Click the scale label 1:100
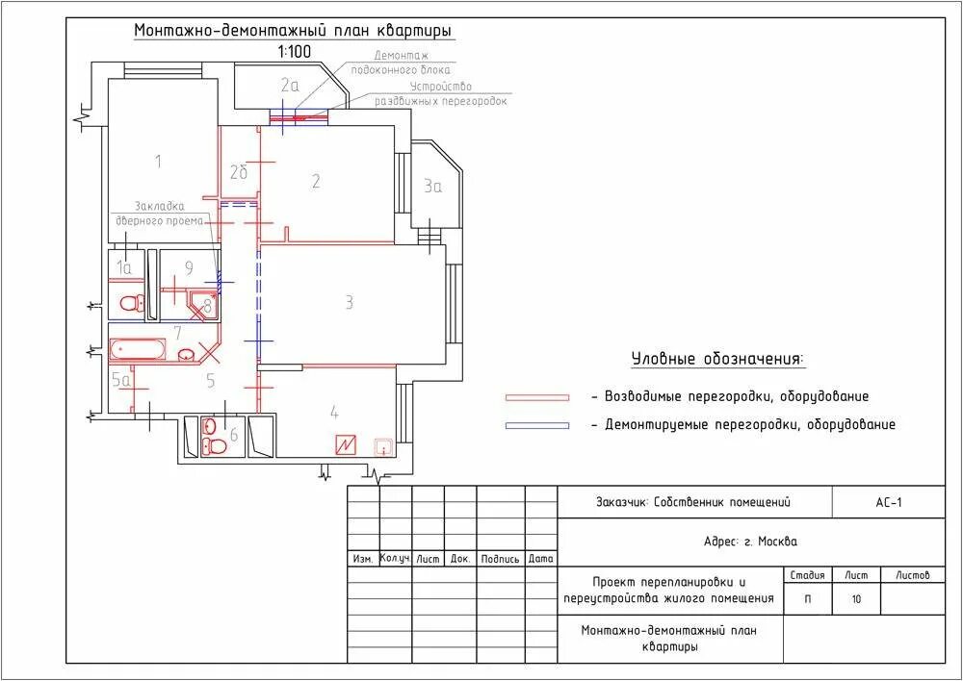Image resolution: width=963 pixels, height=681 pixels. [294, 51]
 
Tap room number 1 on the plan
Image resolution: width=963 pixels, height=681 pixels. [159, 162]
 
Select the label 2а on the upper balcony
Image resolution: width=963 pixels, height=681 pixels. [289, 85]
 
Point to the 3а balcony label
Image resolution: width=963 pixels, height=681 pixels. [433, 186]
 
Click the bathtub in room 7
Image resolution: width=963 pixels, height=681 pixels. [137, 350]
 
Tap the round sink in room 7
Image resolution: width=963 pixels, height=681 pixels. [186, 353]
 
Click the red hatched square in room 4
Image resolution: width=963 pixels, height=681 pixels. [346, 444]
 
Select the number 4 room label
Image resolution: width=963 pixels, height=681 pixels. [334, 413]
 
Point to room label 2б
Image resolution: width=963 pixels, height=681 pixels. [238, 172]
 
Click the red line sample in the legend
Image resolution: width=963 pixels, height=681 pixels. [536, 397]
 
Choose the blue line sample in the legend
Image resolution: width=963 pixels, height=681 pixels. [536, 425]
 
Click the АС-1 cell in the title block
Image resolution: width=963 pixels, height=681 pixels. [888, 503]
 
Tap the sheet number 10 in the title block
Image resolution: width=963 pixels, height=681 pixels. [856, 599]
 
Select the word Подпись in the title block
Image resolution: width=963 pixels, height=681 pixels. [500, 559]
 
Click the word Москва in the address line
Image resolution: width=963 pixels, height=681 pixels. [777, 542]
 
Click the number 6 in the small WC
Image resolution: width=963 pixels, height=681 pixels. [233, 435]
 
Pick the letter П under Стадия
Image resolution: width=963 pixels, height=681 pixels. [807, 599]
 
